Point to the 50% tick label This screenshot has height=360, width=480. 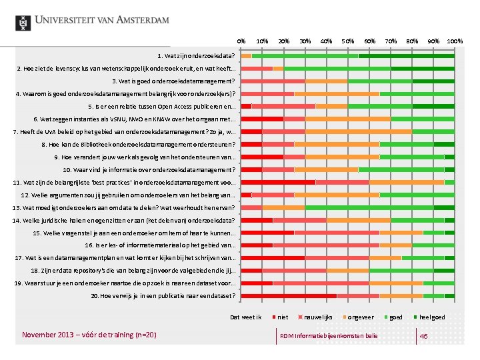348,41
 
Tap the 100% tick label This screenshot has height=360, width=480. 455,41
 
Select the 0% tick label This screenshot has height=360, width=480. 241,41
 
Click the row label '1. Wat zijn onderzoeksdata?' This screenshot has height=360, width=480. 197,55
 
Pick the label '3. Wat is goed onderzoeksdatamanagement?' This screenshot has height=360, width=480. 175,81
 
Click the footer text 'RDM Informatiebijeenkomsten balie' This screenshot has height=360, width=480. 329,335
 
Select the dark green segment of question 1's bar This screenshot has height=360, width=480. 406,55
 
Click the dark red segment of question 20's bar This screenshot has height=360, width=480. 289,295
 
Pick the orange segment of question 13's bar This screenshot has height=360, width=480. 283,207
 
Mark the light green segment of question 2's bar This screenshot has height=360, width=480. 337,68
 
